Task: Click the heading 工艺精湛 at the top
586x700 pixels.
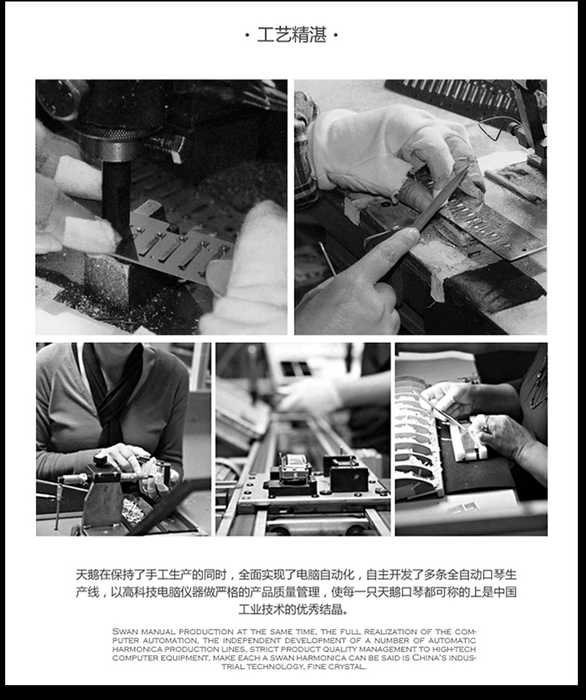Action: point(292,35)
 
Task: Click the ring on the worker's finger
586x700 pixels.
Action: point(486,425)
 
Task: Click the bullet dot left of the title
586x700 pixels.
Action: point(247,36)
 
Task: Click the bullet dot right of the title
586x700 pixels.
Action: point(336,36)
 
